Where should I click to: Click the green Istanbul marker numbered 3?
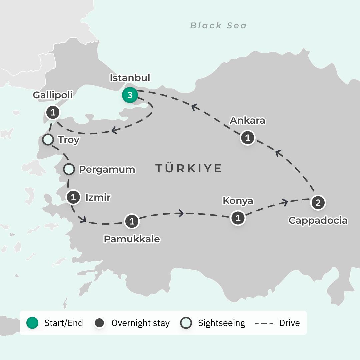click(130, 95)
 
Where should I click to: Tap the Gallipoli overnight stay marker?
click(52, 113)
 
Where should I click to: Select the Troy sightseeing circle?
click(48, 140)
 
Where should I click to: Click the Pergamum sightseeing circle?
click(69, 169)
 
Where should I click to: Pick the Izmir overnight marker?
click(73, 197)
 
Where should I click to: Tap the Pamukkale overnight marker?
click(132, 221)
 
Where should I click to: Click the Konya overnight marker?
click(238, 218)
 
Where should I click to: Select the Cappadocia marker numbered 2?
click(318, 203)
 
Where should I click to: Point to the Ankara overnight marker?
click(248, 138)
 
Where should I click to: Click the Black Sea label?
click(218, 26)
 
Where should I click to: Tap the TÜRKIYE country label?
click(189, 168)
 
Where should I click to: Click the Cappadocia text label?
click(318, 220)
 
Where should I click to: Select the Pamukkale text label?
click(132, 239)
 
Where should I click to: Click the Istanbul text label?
click(130, 78)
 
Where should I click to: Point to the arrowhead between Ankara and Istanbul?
click(194, 107)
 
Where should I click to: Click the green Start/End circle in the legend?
click(32, 323)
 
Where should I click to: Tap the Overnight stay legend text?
click(140, 323)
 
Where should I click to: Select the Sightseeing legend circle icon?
click(186, 323)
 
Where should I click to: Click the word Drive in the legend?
click(289, 323)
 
